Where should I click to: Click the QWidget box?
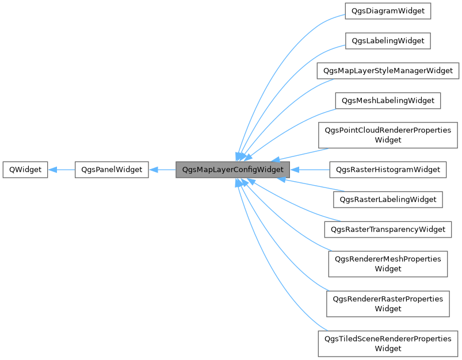pos(25,170)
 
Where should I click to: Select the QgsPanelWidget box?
pos(112,170)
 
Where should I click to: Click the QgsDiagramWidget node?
pos(388,11)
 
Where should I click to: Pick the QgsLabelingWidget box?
pos(388,41)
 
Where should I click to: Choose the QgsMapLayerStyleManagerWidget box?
pos(388,71)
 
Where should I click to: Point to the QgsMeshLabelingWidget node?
pos(388,101)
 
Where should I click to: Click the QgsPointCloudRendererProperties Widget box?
pos(388,135)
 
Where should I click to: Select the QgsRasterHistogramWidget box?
pos(388,170)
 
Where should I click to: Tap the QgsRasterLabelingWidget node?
pos(388,200)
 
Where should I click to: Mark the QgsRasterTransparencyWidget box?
pos(388,229)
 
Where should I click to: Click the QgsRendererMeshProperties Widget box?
pos(388,264)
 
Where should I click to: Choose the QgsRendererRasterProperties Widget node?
pos(388,304)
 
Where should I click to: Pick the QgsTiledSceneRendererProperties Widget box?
pos(388,343)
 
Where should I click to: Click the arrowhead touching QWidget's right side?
pos(52,170)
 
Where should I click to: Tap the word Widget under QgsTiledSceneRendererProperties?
pos(388,348)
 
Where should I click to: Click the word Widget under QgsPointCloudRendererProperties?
pos(388,140)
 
